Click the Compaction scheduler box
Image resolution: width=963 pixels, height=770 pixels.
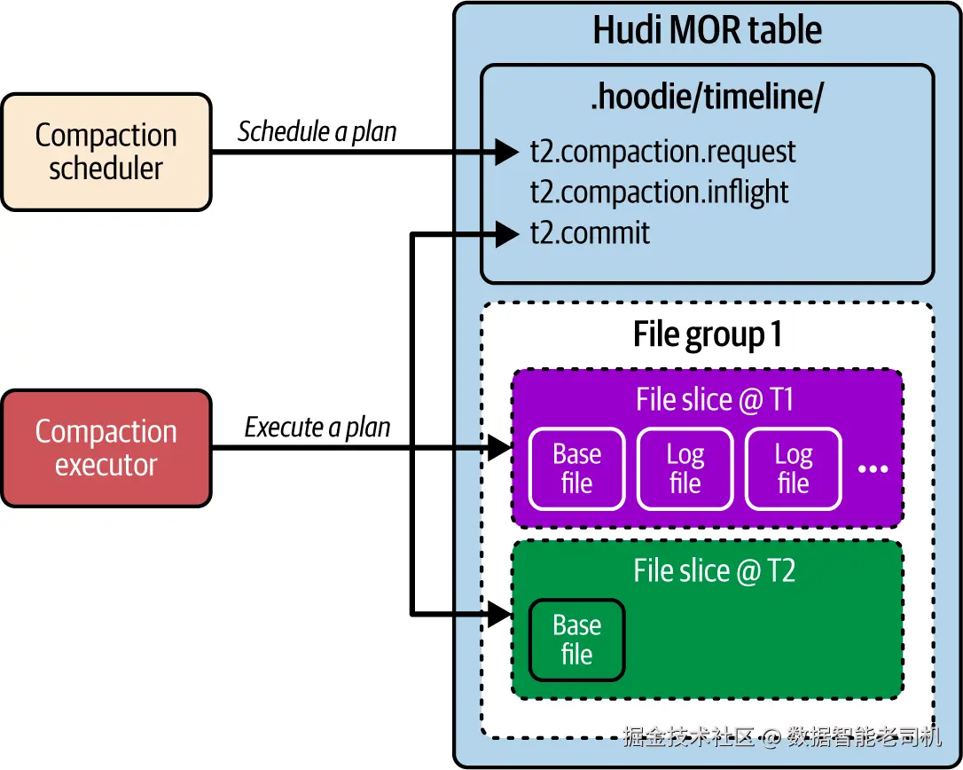coord(106,152)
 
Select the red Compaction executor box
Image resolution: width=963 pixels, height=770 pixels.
coord(106,448)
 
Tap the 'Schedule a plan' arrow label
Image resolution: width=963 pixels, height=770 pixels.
coord(317,132)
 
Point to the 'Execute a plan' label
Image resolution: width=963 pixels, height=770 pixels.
coord(317,428)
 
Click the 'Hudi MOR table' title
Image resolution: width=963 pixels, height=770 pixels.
coord(707,30)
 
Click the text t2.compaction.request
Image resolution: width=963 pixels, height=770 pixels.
coord(662,152)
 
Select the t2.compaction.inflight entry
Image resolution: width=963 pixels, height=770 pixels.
coord(659,192)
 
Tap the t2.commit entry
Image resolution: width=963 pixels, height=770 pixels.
coord(590,233)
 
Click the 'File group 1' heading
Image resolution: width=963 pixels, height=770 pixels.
coord(707,335)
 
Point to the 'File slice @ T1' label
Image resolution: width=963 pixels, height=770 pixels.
coord(715,400)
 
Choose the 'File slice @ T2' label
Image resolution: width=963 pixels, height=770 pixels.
coord(715,570)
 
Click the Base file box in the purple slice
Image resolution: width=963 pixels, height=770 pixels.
coord(577,469)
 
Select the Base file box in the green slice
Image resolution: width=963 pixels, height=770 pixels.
coord(577,640)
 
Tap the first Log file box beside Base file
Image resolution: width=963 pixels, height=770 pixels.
coord(685,469)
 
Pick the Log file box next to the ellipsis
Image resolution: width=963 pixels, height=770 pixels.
coord(793,469)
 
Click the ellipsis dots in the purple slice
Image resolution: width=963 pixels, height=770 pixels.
coord(873,469)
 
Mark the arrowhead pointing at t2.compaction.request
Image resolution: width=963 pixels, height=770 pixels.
coord(507,152)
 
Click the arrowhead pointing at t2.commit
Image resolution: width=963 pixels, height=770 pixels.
coord(507,234)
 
